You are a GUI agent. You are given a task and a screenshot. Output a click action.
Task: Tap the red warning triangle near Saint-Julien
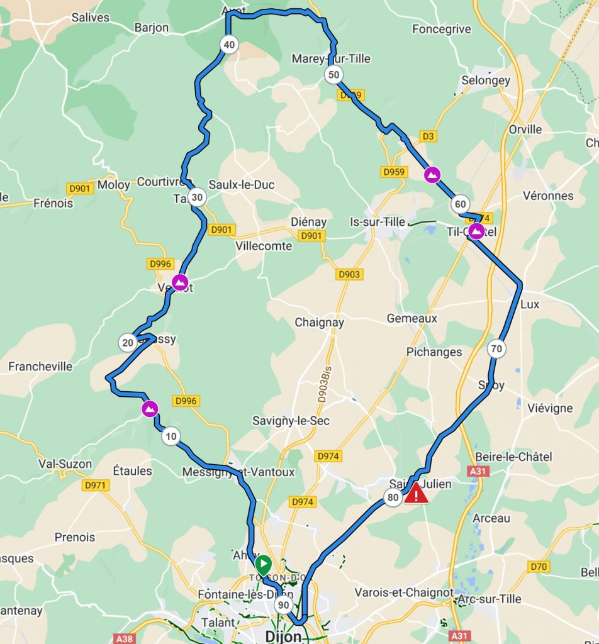[416, 494]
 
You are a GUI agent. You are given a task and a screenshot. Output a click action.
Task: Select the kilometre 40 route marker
[229, 44]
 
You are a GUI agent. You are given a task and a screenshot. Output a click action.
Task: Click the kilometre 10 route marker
[171, 436]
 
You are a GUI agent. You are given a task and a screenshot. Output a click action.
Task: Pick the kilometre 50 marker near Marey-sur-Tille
[334, 75]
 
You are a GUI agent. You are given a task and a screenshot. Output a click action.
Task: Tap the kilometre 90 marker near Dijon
[283, 605]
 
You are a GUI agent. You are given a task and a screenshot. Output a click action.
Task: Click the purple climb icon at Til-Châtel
[477, 231]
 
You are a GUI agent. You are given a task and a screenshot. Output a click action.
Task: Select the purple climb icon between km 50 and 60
[432, 175]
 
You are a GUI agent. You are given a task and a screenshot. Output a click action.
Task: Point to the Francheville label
[40, 366]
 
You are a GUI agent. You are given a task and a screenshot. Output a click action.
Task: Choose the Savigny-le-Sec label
[291, 420]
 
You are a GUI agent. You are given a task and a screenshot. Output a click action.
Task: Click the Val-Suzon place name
[65, 464]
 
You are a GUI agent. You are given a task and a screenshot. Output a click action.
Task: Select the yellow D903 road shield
[349, 274]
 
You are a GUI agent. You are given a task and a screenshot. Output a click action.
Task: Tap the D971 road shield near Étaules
[96, 485]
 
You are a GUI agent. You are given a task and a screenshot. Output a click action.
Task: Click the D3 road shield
[428, 136]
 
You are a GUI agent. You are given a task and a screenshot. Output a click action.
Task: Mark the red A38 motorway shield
[125, 638]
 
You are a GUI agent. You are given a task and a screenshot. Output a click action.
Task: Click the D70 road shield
[539, 567]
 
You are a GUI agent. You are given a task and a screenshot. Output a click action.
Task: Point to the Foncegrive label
[441, 28]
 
